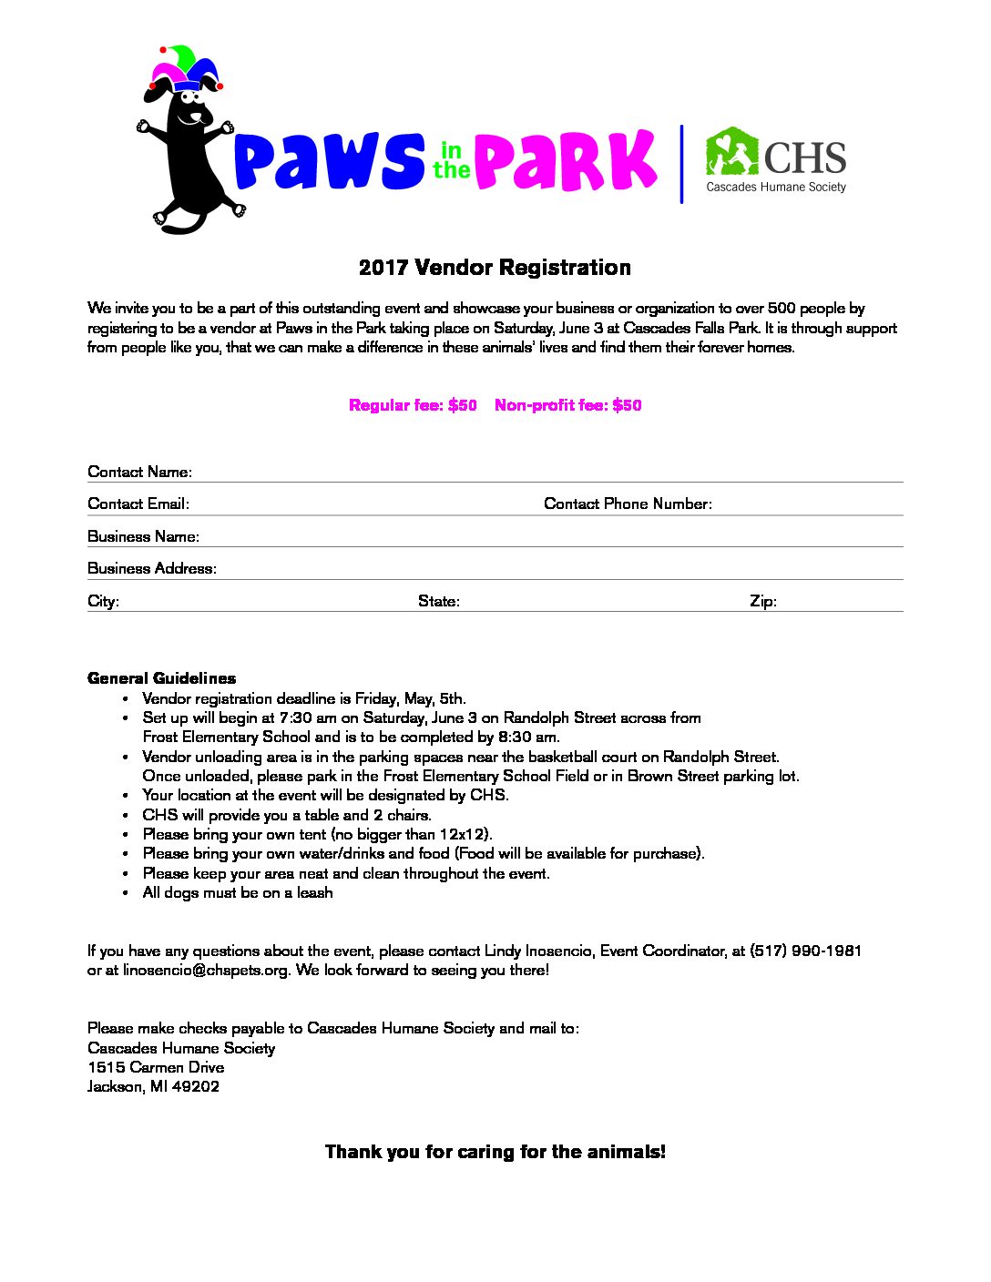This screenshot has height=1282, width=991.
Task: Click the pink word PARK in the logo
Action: click(x=565, y=161)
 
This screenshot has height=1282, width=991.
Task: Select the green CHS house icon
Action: click(x=732, y=152)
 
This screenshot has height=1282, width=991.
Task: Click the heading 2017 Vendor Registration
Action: click(x=495, y=268)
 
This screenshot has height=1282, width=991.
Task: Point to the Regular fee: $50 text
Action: click(x=413, y=405)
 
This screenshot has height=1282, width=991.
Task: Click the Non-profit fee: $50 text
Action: click(x=567, y=405)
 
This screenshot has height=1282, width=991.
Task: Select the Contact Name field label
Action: click(x=139, y=472)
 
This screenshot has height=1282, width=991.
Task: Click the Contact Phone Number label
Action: click(x=628, y=504)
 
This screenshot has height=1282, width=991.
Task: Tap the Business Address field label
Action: click(x=151, y=568)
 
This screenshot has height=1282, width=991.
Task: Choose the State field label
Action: click(x=438, y=601)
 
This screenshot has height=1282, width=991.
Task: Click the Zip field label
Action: click(x=762, y=601)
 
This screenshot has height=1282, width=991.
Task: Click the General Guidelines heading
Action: click(x=161, y=678)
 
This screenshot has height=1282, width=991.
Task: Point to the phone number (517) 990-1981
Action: click(x=805, y=951)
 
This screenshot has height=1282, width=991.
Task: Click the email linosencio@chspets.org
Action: click(x=206, y=970)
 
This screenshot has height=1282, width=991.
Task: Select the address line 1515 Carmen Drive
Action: click(x=156, y=1067)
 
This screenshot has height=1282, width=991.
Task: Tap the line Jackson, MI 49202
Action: click(x=153, y=1086)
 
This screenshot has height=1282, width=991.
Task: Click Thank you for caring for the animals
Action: click(x=495, y=1152)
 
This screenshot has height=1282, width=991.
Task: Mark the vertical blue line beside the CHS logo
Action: click(x=681, y=164)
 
